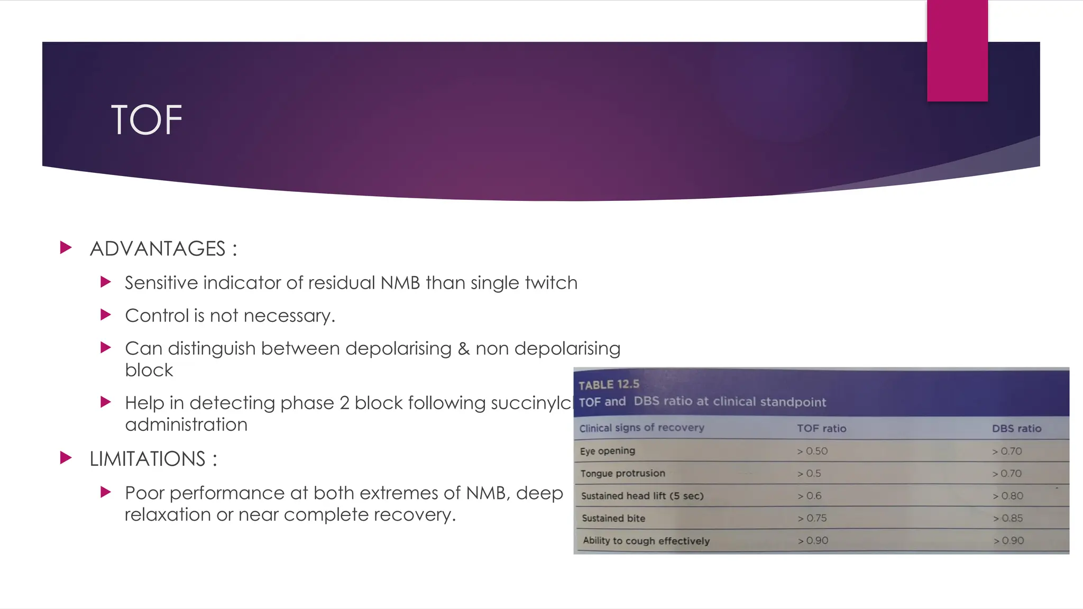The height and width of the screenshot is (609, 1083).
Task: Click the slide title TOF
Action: tap(146, 120)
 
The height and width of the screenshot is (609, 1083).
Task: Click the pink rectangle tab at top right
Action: tap(957, 50)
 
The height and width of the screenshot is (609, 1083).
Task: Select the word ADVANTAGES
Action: tap(158, 248)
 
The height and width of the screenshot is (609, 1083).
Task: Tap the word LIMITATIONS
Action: tap(148, 459)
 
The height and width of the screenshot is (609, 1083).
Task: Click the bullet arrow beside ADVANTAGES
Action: tap(66, 247)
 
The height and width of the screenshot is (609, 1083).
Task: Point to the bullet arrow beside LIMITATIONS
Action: tap(66, 458)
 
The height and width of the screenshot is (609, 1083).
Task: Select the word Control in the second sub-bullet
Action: tap(157, 316)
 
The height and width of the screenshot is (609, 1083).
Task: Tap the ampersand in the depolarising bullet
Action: tap(463, 349)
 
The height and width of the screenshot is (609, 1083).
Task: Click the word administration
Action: tap(186, 425)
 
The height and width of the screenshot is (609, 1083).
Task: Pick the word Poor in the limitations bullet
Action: tap(144, 493)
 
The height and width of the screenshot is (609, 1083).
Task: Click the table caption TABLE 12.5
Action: tap(609, 384)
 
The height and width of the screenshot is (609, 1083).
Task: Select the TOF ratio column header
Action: tap(821, 428)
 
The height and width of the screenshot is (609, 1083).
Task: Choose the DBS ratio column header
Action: tap(1016, 428)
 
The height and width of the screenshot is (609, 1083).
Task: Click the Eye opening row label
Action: tap(607, 451)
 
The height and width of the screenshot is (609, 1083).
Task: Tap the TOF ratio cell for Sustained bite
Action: tap(812, 518)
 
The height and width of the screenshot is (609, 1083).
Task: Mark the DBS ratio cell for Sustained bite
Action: tap(1008, 518)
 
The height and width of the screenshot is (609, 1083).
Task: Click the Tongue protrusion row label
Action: tap(622, 473)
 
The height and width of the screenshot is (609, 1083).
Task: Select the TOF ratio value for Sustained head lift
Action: tap(810, 496)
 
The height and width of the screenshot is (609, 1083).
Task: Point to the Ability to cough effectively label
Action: tap(646, 540)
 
